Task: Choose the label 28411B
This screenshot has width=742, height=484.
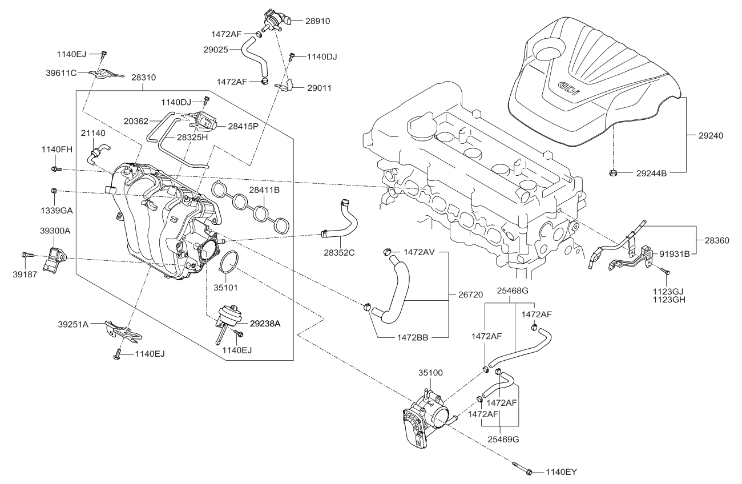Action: [x=263, y=189]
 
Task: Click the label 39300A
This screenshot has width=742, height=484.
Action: [x=55, y=230]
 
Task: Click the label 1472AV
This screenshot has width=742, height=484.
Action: [x=420, y=252]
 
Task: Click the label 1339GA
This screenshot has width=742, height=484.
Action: [x=55, y=210]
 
